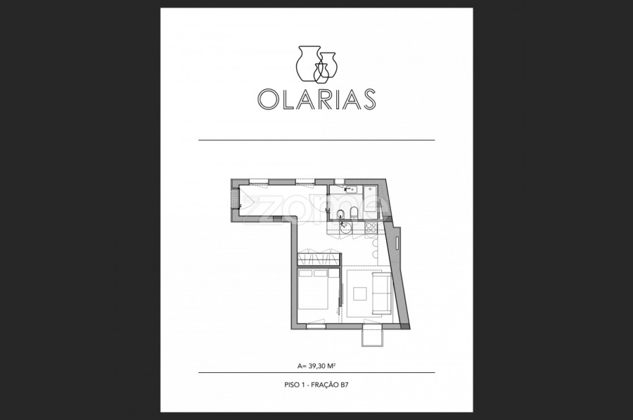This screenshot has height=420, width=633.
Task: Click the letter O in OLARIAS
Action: point(268,99)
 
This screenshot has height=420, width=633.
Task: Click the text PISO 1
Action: point(294,385)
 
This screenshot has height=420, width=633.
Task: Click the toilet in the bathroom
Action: point(354,213)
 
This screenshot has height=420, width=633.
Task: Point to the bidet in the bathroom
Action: point(340,213)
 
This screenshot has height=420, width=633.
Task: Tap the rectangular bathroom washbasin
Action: point(351,189)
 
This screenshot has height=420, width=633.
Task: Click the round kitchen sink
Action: point(345,229)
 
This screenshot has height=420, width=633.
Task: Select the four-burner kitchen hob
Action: point(371,228)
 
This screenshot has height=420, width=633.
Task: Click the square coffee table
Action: point(360,293)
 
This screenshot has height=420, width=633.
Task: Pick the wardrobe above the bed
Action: point(319,260)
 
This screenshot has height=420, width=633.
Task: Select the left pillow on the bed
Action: point(306,274)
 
